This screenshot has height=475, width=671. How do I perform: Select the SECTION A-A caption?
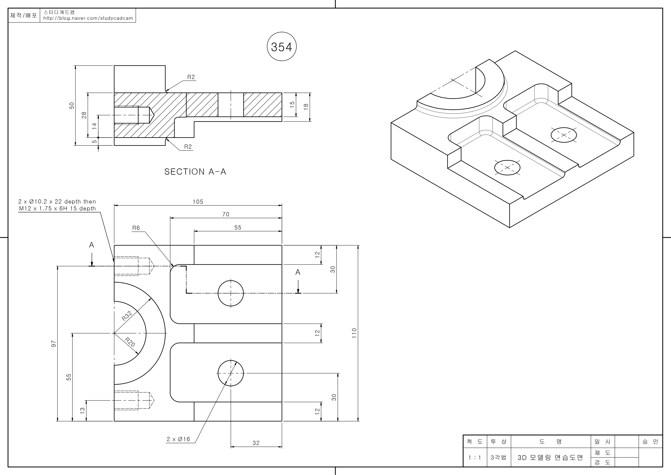tap(195, 172)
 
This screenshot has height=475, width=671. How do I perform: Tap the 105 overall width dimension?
tap(198, 202)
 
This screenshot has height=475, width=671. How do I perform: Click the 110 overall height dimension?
tap(354, 333)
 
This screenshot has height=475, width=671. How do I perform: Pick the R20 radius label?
tap(130, 342)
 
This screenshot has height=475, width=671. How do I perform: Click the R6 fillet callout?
tap(136, 228)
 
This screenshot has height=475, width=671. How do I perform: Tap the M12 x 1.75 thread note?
tap(57, 208)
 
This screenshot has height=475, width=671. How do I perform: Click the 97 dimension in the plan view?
tap(54, 344)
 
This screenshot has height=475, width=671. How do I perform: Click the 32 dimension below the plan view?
tap(256, 443)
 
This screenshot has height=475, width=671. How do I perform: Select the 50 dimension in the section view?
tap(72, 106)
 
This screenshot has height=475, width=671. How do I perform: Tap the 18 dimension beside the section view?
tap(306, 107)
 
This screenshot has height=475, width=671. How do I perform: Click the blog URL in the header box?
tap(88, 18)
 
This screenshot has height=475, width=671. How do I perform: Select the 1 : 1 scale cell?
tap(475, 458)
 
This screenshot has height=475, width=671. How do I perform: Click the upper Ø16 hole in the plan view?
tap(231, 293)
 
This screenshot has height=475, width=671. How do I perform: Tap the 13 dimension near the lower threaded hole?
tap(82, 411)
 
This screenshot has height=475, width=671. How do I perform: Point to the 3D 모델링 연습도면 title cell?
tap(550, 458)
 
